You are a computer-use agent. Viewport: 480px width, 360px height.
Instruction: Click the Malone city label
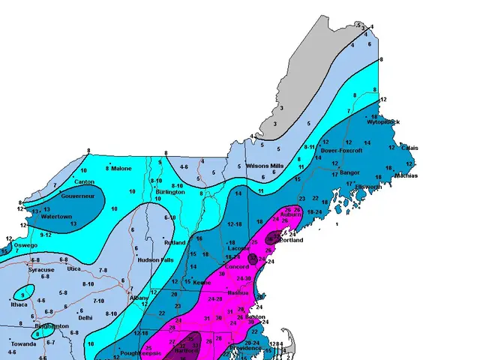point(122,169)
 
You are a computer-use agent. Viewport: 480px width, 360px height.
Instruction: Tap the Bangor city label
point(350,172)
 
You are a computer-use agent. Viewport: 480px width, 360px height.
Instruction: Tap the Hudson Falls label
point(156,260)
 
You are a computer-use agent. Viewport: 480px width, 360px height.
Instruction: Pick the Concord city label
point(237,267)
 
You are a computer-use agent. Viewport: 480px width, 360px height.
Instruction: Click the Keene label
point(202,283)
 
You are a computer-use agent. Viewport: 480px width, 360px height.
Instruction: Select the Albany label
point(140,298)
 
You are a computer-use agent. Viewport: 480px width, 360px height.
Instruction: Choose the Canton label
point(84,181)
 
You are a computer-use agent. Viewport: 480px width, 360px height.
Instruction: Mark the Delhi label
point(85,318)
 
